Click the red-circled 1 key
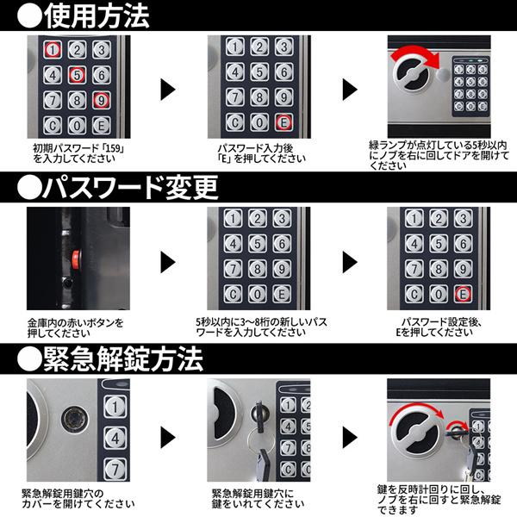(x=53, y=50)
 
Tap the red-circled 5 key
(x=77, y=75)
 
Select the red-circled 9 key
(x=101, y=100)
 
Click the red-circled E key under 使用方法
(x=283, y=122)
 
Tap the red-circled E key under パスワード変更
(x=463, y=294)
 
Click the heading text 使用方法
(x=97, y=16)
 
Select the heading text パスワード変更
(x=131, y=187)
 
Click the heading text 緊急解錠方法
(x=123, y=358)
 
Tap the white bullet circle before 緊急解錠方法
(x=29, y=358)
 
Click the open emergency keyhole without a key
(x=75, y=420)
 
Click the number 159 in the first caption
(x=113, y=148)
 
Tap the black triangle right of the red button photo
(x=168, y=263)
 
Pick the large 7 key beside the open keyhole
(x=115, y=470)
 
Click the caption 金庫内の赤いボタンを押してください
(x=75, y=327)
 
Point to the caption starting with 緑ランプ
(x=439, y=155)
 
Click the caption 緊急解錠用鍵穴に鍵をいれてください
(x=258, y=499)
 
